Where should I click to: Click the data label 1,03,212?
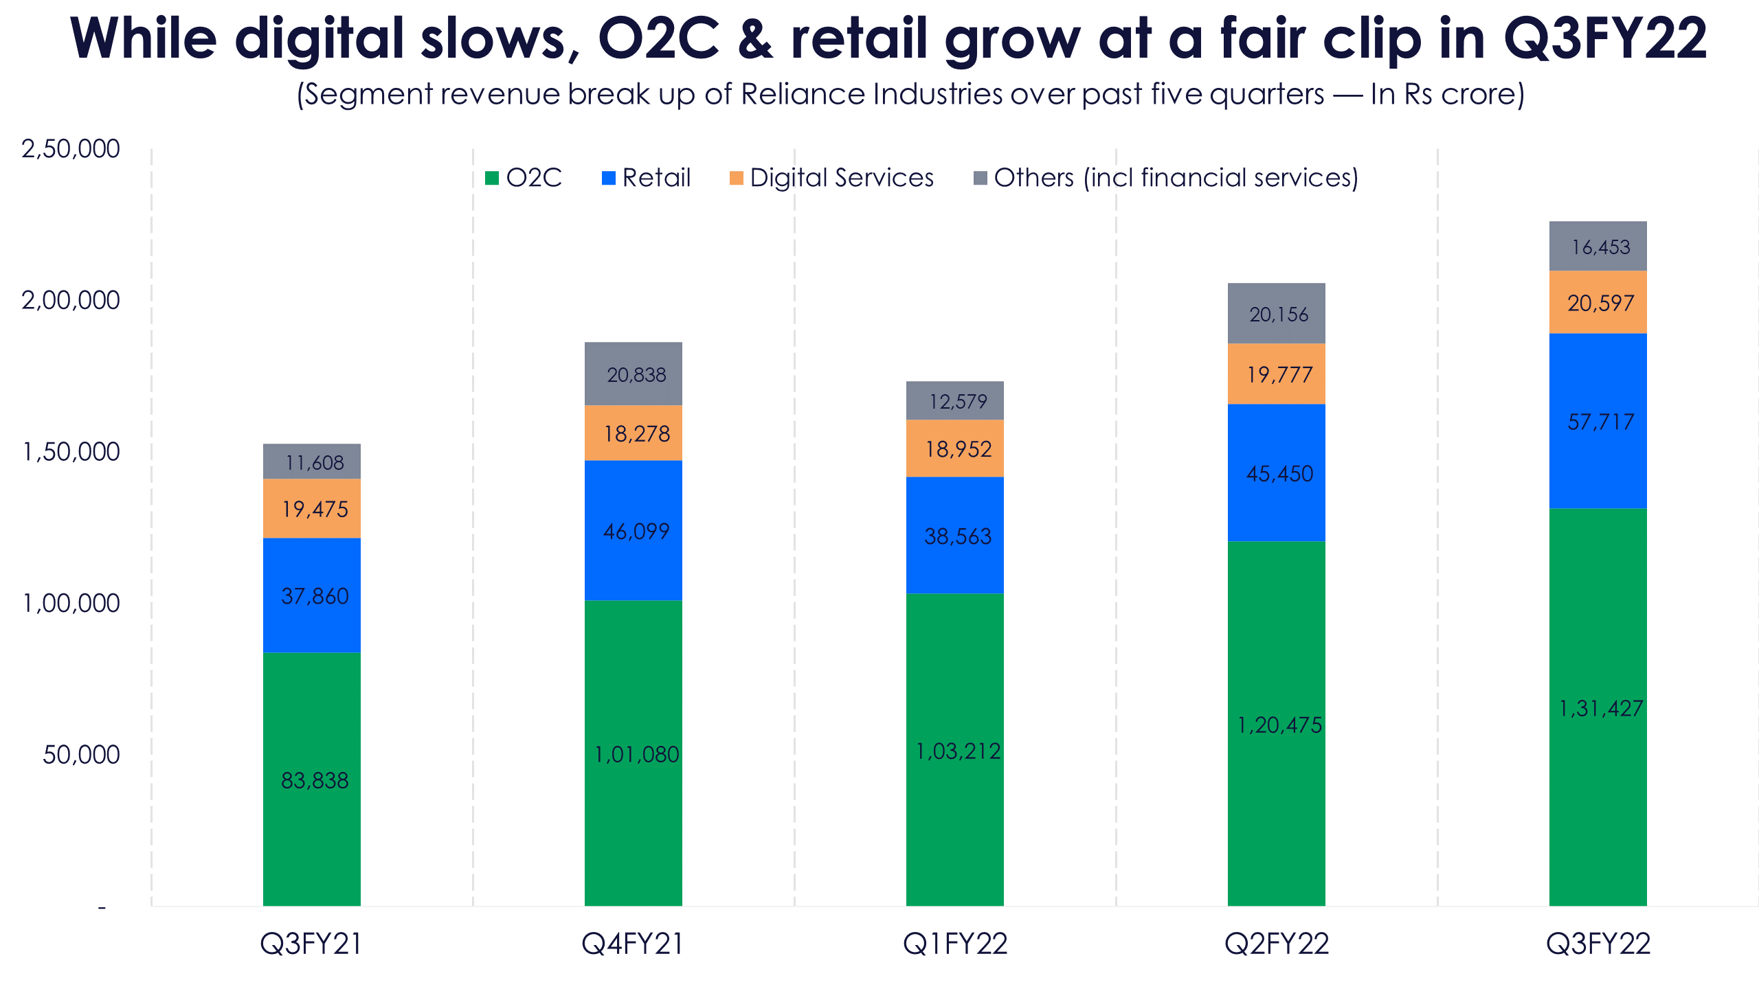[x=958, y=751]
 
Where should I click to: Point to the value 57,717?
[x=1600, y=422]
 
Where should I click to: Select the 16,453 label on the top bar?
[x=1600, y=247]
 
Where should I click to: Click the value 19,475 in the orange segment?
[x=315, y=509]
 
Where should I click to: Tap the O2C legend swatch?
[x=492, y=178]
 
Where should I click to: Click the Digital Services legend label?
[x=842, y=178]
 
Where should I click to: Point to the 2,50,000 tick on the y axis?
[x=71, y=148]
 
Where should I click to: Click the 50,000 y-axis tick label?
[x=81, y=755]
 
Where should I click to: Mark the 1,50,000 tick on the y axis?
[x=71, y=452]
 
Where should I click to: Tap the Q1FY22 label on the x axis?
[x=955, y=944]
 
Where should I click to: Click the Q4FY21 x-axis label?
[x=633, y=944]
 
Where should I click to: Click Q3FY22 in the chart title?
[x=1605, y=38]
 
